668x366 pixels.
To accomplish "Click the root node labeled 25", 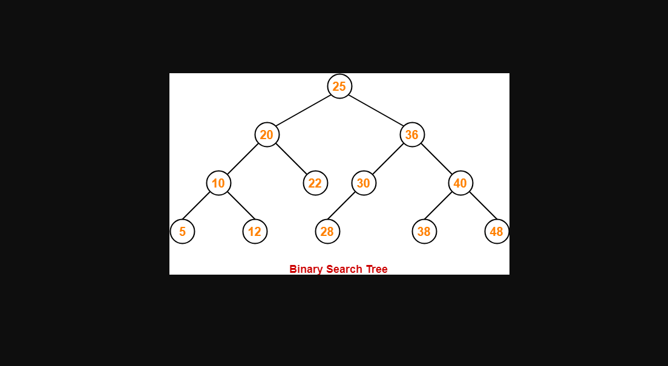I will click(339, 86).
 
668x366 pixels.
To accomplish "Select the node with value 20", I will click(267, 134).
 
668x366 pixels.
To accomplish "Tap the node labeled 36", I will click(412, 134).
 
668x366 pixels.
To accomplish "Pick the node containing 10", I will click(218, 183).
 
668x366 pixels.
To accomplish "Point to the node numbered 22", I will click(315, 183).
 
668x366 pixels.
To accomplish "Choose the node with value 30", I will click(364, 183).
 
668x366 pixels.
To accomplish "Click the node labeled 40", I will click(460, 183).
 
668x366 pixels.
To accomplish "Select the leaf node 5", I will click(182, 231).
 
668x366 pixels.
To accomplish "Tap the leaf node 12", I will click(255, 231).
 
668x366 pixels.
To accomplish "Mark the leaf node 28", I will click(327, 231).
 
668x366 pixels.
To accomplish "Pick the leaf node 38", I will click(424, 231).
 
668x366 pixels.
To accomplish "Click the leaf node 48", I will click(497, 231).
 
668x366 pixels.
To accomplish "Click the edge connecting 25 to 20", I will click(303, 110).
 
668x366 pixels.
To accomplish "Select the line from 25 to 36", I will click(376, 110).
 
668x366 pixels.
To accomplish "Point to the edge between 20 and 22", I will click(291, 158).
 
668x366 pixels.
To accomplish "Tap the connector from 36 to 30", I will click(388, 158).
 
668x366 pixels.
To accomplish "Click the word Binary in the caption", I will click(306, 269).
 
